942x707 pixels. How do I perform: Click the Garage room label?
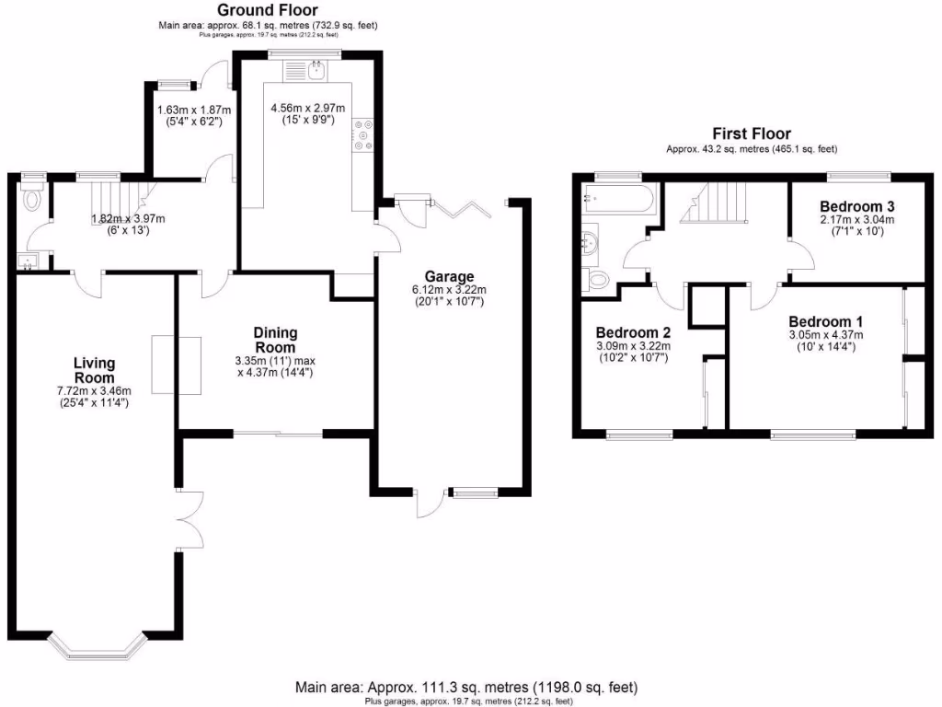(449, 276)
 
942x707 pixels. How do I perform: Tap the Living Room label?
(95, 371)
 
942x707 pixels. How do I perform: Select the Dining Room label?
(274, 340)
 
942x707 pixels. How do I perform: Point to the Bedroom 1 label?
(825, 321)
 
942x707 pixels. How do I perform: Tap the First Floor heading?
(752, 133)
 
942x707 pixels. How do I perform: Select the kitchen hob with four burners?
(360, 134)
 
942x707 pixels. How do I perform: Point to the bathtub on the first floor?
(619, 198)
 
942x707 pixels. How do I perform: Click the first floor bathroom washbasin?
(589, 241)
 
